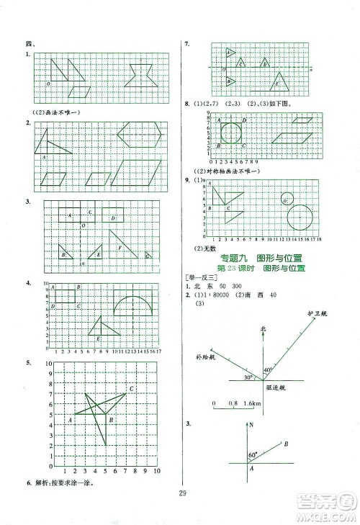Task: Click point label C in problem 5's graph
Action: (x=132, y=390)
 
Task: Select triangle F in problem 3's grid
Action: (x=120, y=246)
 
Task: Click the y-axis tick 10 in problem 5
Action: (x=49, y=365)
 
